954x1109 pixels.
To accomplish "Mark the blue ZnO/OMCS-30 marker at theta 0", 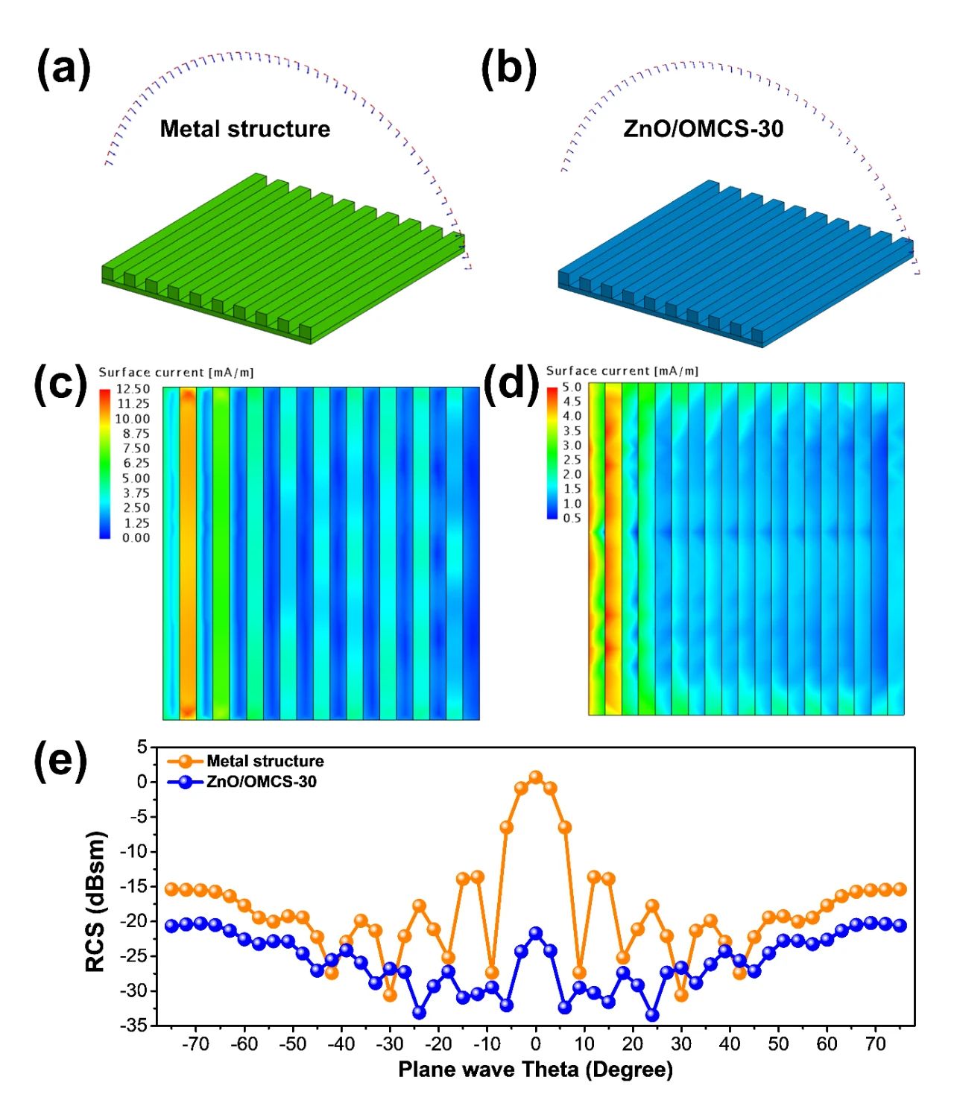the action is (535, 933).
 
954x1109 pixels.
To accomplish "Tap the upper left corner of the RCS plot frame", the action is (157, 746).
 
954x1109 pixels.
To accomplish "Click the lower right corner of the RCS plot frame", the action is (914, 1026).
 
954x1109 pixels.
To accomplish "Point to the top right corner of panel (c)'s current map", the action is (479, 387).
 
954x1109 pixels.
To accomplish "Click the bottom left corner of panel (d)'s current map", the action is (589, 715).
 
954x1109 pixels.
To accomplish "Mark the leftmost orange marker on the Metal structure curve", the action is (171, 889).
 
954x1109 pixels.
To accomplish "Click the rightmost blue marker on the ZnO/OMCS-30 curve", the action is (900, 926).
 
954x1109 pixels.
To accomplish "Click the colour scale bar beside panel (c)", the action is (104, 463).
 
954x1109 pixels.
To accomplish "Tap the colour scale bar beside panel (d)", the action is (552, 452).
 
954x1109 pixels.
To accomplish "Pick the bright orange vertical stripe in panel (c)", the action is (188, 552).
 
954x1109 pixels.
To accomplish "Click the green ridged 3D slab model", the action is (283, 259).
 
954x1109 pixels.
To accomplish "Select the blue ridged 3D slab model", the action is (736, 264).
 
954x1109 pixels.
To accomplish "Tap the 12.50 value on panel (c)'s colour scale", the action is (134, 389).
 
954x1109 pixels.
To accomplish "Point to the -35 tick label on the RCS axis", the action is (135, 1026).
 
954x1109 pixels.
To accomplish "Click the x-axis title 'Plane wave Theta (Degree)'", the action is (535, 1069).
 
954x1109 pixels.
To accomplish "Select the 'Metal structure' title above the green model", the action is (245, 129).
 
